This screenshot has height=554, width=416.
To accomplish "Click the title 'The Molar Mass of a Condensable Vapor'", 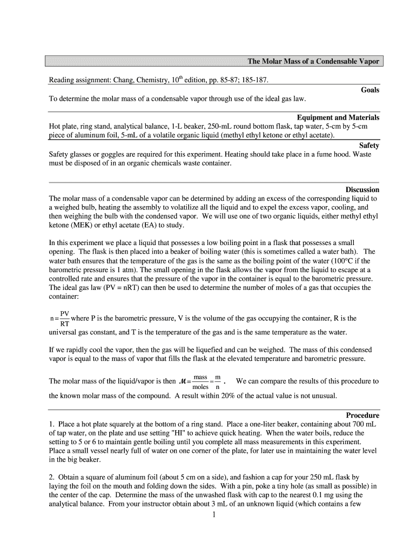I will (x=313, y=61).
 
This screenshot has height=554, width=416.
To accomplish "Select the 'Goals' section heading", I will (x=370, y=90).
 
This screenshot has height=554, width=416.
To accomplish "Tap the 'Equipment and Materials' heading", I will (x=338, y=117).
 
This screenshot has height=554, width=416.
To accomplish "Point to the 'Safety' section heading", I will (x=369, y=146).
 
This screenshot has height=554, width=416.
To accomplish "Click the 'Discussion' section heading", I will (x=362, y=190).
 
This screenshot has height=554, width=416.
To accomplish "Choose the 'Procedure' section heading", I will (x=363, y=415).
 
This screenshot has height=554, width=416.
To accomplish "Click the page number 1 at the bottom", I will (x=214, y=515).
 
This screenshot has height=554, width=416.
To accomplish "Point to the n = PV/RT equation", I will (x=59, y=319).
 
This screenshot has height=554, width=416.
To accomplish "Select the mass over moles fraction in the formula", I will (x=200, y=381).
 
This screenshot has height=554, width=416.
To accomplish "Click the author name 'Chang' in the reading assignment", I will (x=124, y=81).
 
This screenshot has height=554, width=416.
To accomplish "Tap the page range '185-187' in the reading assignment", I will (x=252, y=81).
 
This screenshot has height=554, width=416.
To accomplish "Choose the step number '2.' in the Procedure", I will (x=52, y=477).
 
